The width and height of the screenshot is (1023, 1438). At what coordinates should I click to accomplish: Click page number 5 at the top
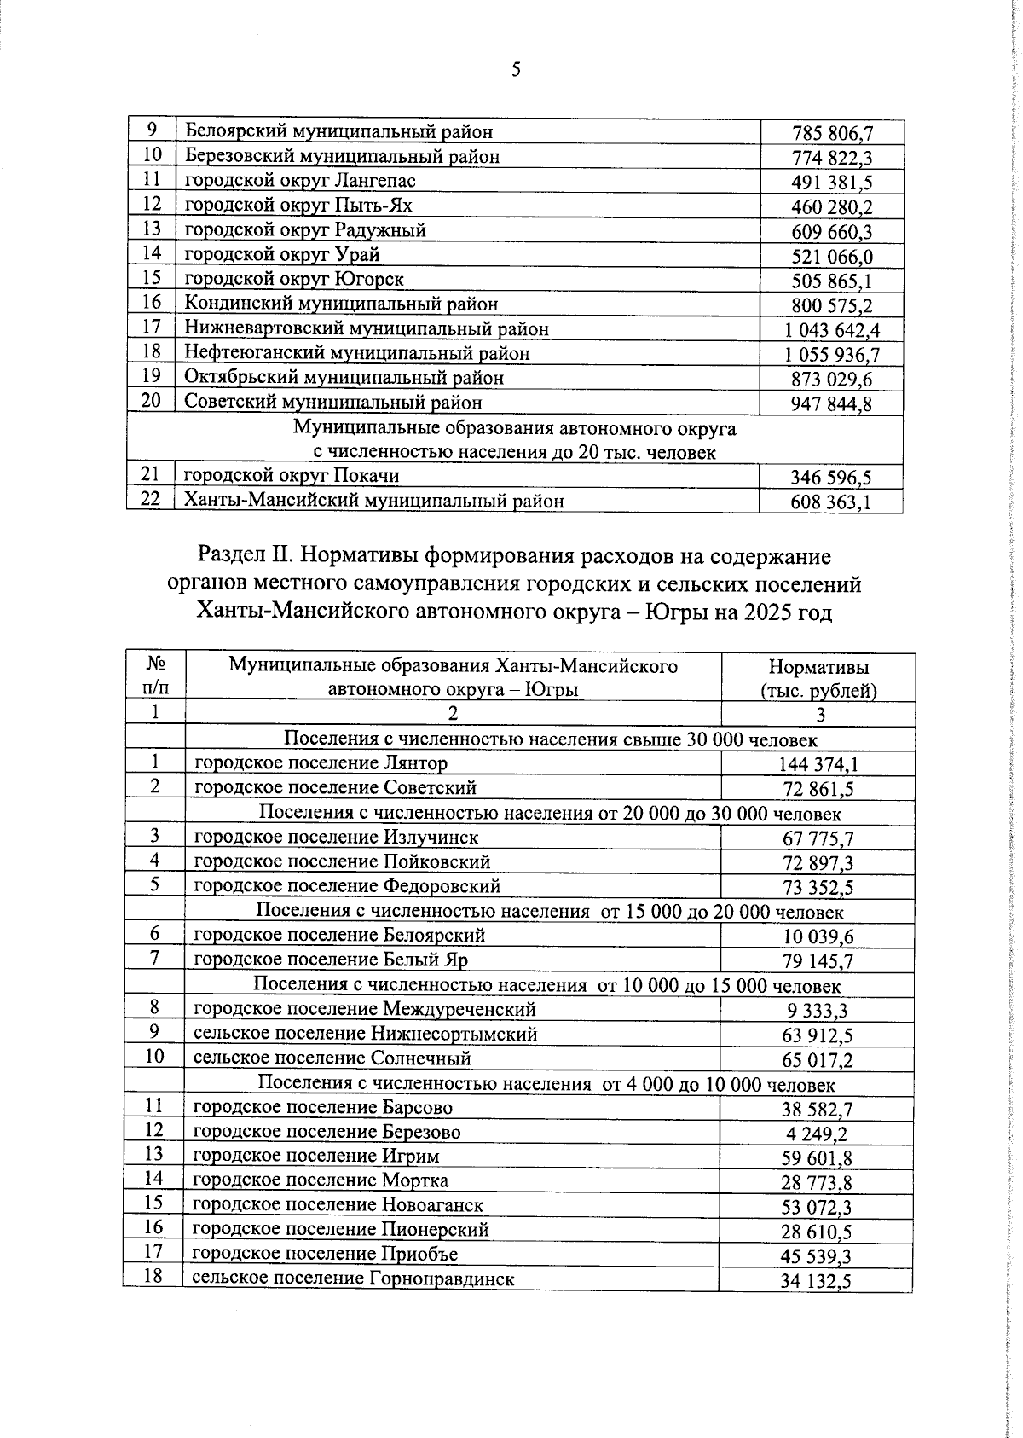point(516,70)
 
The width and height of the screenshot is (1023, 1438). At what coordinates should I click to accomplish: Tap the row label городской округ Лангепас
point(300,181)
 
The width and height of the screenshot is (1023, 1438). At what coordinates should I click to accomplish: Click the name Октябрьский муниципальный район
point(344,378)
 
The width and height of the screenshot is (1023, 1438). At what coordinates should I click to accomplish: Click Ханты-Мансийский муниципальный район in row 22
point(374,502)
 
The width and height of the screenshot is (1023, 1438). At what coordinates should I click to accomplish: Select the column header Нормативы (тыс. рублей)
point(818,679)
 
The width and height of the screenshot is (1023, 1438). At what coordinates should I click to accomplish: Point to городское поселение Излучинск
point(336,838)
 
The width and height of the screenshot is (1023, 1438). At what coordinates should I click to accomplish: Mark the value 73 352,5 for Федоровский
point(818,888)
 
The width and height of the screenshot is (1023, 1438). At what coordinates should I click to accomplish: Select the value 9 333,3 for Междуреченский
point(818,1012)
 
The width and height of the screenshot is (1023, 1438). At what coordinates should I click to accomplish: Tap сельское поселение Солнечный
point(332,1059)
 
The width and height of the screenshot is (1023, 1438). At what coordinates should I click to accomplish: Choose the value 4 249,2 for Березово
point(818,1134)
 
